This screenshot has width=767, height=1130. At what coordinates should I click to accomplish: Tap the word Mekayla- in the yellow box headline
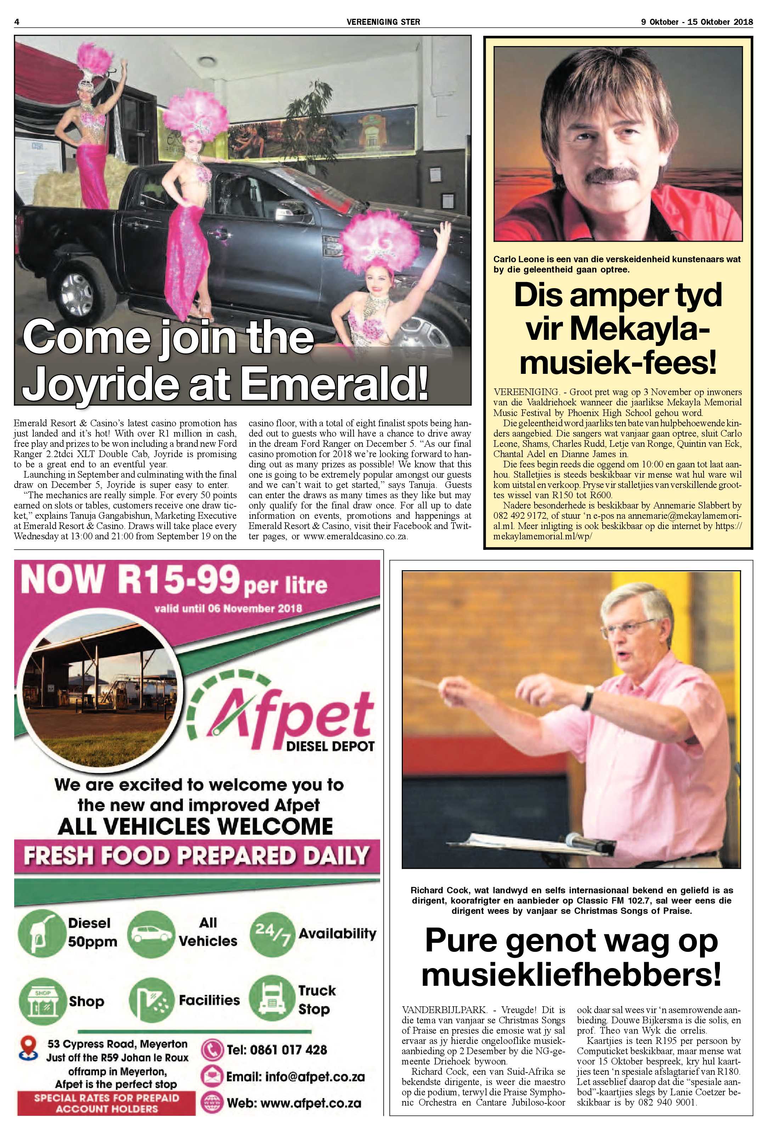(618, 329)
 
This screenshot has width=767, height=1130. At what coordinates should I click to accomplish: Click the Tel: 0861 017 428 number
(276, 1050)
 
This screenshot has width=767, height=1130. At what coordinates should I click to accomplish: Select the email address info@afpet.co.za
(295, 1076)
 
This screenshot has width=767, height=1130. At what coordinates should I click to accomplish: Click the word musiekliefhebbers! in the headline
(571, 974)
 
